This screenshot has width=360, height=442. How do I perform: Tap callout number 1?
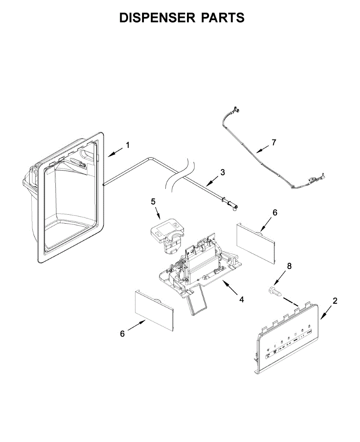[127, 145]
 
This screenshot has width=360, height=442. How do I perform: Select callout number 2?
[335, 301]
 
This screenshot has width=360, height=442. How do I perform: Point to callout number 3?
[223, 172]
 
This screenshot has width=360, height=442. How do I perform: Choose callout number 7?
[273, 142]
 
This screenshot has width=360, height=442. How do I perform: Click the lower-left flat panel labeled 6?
[154, 310]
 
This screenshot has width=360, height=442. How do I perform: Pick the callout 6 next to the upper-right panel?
[275, 212]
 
